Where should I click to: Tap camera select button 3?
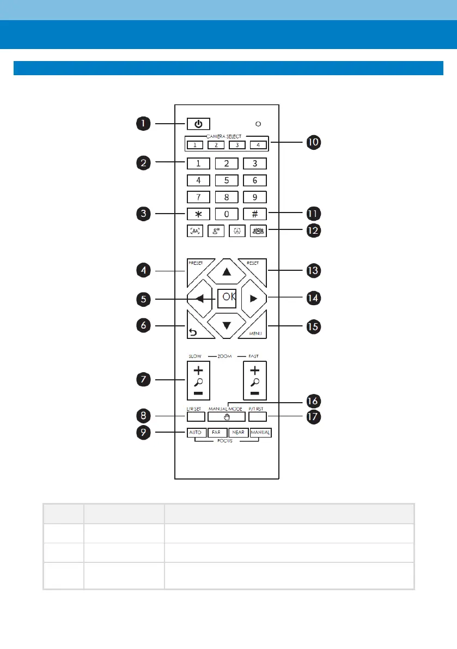click(236, 145)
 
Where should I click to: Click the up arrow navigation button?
click(226, 271)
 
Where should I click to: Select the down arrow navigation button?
click(226, 326)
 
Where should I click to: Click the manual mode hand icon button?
click(226, 417)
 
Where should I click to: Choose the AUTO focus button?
click(196, 433)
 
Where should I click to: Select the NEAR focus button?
click(239, 433)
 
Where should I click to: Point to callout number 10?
click(313, 142)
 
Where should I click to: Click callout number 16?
click(313, 401)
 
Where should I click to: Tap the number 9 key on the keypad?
click(254, 197)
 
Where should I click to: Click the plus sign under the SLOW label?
click(196, 369)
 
